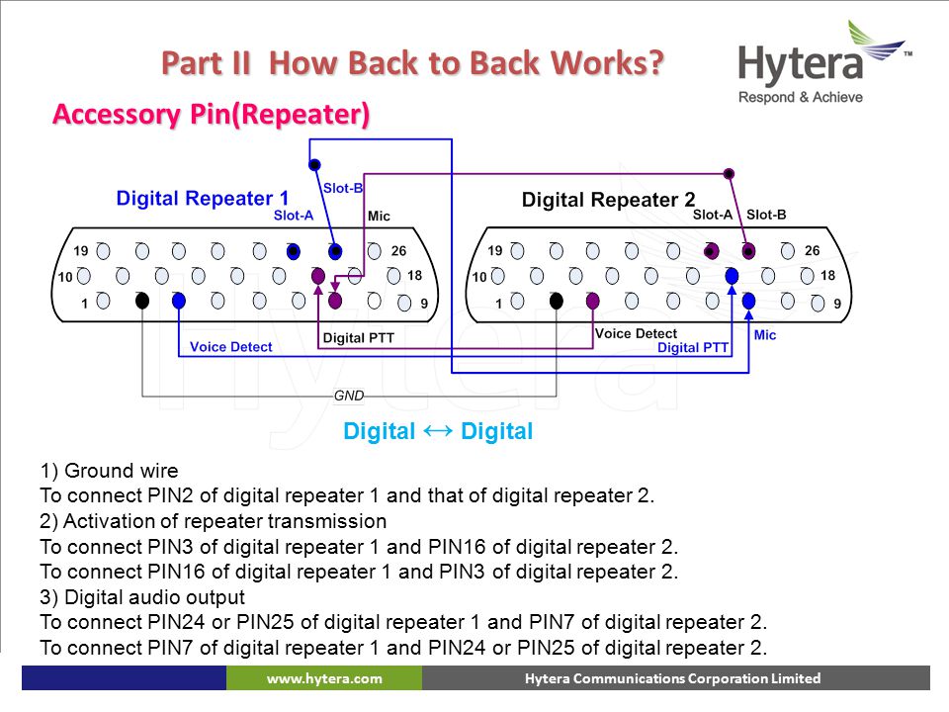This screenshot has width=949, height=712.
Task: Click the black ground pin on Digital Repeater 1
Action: click(142, 301)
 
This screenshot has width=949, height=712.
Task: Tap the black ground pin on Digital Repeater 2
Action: click(557, 301)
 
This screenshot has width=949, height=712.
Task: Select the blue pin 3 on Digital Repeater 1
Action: click(179, 301)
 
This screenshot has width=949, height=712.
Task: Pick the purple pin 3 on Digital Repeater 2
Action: click(592, 301)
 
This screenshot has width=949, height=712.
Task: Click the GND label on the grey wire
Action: click(349, 396)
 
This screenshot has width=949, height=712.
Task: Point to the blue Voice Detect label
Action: click(231, 347)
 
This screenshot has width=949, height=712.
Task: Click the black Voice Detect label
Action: click(636, 333)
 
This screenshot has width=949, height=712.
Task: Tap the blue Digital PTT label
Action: click(693, 347)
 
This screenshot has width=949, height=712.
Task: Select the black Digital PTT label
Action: click(358, 338)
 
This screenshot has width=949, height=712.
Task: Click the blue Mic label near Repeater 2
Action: click(765, 335)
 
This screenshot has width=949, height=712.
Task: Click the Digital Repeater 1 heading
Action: click(202, 198)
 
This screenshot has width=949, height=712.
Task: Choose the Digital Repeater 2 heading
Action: click(608, 200)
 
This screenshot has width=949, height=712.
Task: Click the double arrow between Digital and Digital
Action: click(438, 431)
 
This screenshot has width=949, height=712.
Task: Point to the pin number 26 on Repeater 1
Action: click(398, 250)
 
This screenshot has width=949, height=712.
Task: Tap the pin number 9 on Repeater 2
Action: click(837, 304)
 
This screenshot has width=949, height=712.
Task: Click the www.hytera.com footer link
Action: click(324, 678)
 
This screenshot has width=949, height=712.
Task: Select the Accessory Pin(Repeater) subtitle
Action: click(212, 115)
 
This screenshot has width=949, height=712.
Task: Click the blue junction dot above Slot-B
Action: click(314, 165)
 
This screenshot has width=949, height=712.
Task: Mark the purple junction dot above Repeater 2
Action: click(730, 174)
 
